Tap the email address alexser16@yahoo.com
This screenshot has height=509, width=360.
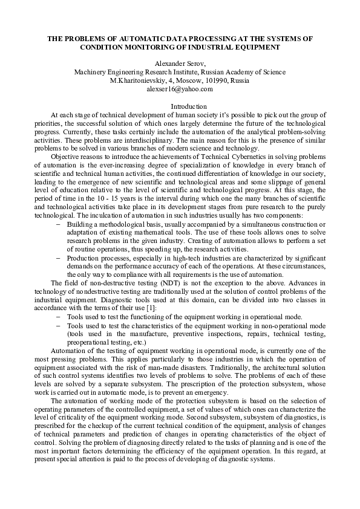180,89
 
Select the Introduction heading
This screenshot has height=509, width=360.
180,106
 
